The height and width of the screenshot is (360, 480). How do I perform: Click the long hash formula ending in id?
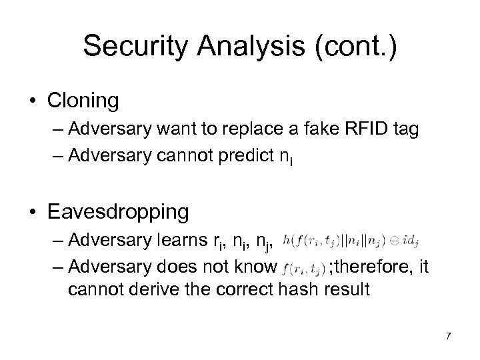pyautogui.click(x=353, y=239)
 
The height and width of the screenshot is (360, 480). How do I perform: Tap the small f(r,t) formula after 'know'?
pyautogui.click(x=304, y=269)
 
